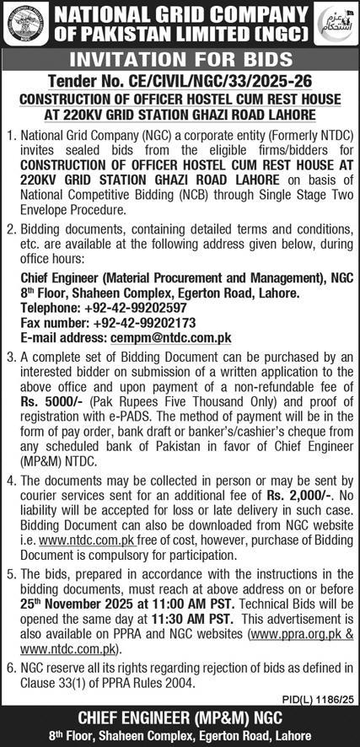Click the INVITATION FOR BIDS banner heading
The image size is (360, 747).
(180, 60)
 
